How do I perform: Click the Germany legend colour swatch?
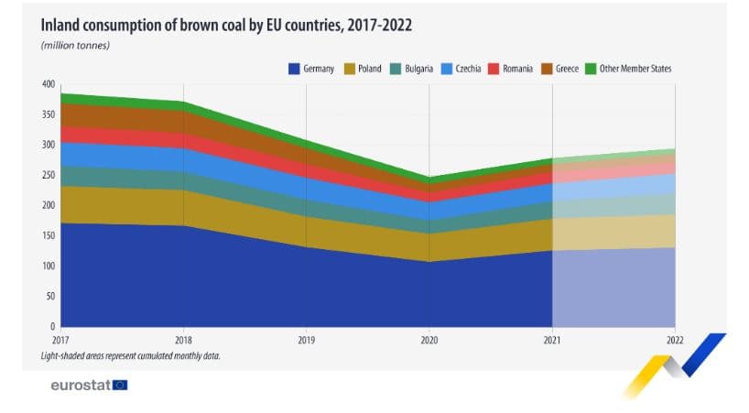(295, 68)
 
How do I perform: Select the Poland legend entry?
(364, 68)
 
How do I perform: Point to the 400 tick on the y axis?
(48, 84)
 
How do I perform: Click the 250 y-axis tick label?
(48, 175)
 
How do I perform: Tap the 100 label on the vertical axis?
(48, 266)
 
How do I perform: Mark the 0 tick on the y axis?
(52, 326)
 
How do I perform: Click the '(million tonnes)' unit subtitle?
(75, 45)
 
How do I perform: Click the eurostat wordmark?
(81, 385)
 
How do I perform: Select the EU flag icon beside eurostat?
(120, 385)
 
